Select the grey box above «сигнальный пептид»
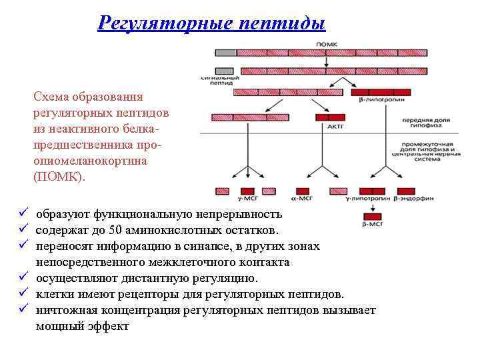224,70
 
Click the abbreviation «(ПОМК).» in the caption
59,177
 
